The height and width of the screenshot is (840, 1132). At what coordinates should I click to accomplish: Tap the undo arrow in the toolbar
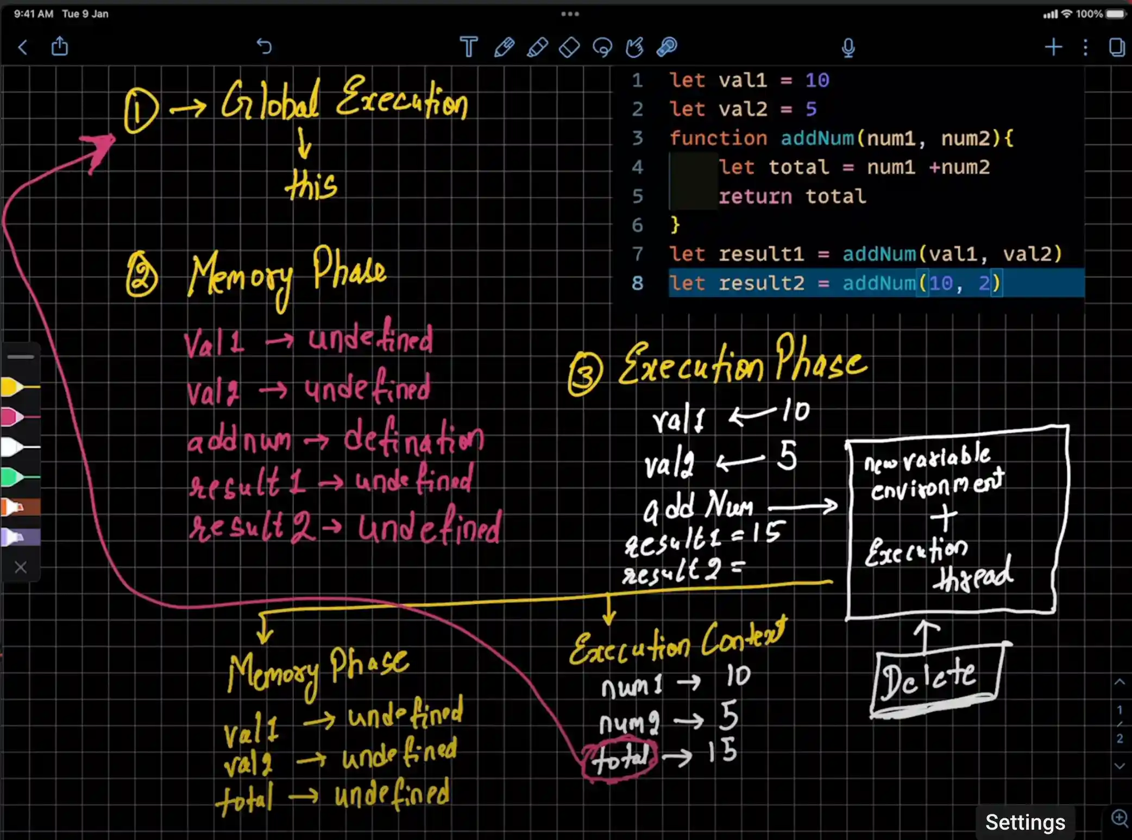264,47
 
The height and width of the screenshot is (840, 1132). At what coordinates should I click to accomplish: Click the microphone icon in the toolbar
848,48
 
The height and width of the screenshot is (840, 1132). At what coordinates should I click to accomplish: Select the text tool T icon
468,47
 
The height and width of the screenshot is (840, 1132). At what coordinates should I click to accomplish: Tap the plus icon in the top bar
1053,47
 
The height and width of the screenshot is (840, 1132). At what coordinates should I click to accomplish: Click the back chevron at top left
23,47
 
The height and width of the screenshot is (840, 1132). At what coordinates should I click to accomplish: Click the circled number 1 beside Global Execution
140,111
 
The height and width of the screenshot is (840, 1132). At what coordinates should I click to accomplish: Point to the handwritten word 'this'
311,185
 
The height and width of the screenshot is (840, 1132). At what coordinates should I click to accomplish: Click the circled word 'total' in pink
620,757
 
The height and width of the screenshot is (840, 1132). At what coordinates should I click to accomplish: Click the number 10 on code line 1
817,80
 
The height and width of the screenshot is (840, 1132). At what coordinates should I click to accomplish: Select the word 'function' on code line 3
718,138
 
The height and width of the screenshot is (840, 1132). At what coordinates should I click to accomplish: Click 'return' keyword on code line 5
755,196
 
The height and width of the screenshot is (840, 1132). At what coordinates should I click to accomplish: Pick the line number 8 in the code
637,283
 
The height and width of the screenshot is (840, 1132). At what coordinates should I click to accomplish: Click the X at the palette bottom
21,568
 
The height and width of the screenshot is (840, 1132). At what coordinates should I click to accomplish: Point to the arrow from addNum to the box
803,507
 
